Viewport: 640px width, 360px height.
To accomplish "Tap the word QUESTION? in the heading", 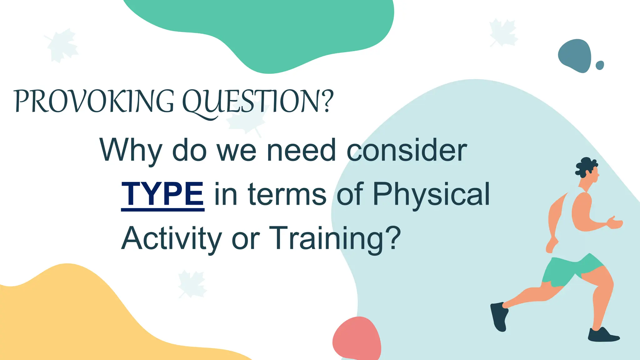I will (258, 102).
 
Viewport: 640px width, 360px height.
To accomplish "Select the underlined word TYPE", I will (162, 194).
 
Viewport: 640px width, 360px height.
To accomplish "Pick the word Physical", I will (431, 194).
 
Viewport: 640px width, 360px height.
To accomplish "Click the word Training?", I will (334, 238).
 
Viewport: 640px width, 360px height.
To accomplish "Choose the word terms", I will (287, 194).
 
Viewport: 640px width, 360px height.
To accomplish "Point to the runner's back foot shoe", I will (499, 316).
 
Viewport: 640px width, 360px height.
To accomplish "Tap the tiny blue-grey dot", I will (600, 65).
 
